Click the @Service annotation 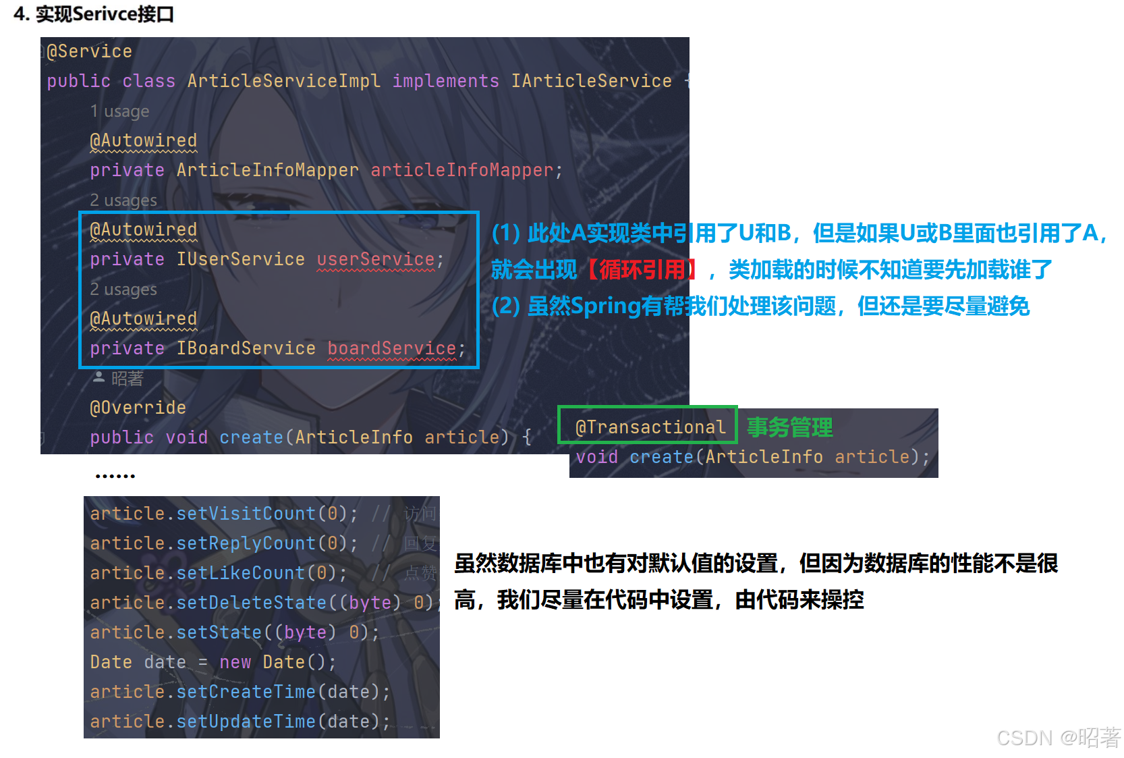[x=89, y=51]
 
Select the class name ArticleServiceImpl [x=283, y=81]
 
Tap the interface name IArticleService [x=591, y=81]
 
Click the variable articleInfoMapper [x=461, y=170]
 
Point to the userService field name [x=376, y=259]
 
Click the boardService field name [x=391, y=348]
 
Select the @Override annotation [x=138, y=408]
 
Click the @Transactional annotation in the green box [x=650, y=427]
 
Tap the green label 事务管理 [x=789, y=427]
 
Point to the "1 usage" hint [x=119, y=111]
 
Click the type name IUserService [x=240, y=259]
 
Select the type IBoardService [x=246, y=348]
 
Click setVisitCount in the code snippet [x=246, y=514]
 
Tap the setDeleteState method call [x=251, y=603]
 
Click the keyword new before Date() [x=235, y=662]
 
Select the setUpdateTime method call [x=246, y=722]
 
